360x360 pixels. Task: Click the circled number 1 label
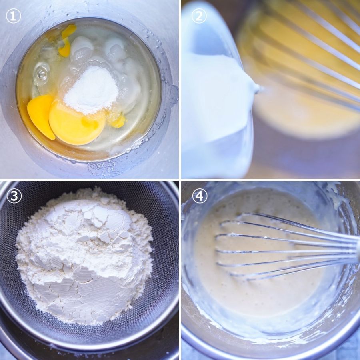13,16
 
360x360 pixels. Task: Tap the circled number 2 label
199,16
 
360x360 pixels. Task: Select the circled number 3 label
14,196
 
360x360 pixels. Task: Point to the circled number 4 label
200,196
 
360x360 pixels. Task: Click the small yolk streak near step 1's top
66,40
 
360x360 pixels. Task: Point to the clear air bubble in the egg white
42,74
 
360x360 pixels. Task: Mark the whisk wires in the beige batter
287,247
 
